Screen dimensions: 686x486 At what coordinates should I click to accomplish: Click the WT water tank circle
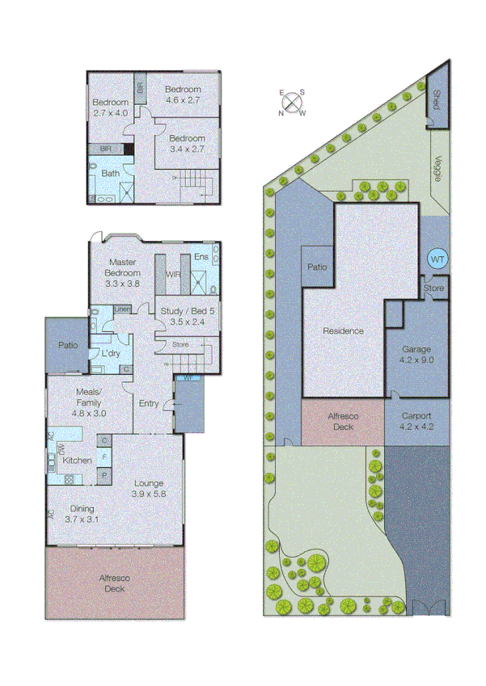(x=437, y=259)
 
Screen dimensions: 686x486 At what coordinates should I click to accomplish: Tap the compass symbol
(x=293, y=103)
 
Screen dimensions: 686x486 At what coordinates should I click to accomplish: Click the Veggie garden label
(x=437, y=168)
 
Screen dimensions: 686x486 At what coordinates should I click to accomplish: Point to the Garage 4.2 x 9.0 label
(x=416, y=355)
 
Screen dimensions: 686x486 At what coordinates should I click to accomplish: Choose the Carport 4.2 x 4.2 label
(x=416, y=422)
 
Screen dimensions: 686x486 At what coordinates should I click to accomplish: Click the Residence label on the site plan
(x=343, y=330)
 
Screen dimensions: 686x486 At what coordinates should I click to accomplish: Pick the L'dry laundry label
(x=110, y=354)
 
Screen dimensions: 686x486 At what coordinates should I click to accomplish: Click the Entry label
(x=149, y=403)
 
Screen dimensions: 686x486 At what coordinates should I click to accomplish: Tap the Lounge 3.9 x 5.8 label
(x=149, y=487)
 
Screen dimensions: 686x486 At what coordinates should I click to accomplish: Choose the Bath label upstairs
(x=111, y=172)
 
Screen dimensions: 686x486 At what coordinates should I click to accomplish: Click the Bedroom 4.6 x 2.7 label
(x=182, y=95)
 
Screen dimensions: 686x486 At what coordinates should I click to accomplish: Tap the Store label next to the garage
(x=434, y=287)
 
